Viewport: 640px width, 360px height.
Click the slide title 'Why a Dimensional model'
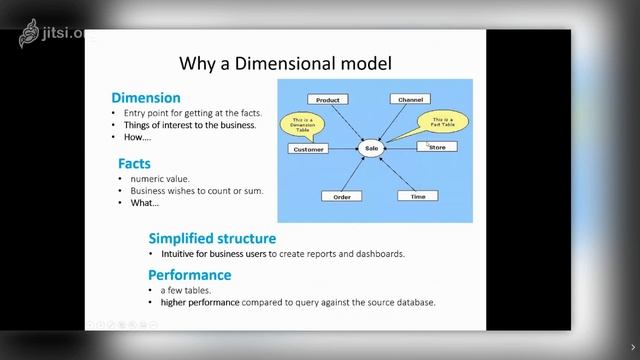pos(285,64)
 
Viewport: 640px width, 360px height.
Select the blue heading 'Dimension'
pos(145,98)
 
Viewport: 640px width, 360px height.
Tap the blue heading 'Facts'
pos(134,162)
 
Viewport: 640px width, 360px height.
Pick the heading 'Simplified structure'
pos(212,238)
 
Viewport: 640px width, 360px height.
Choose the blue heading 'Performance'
pos(190,275)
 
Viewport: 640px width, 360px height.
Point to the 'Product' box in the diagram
pos(328,100)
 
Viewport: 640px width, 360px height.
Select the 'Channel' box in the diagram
pos(410,100)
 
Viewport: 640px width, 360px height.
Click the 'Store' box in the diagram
pos(437,147)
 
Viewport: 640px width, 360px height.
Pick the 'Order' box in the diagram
pos(341,196)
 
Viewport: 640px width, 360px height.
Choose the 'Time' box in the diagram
pos(417,196)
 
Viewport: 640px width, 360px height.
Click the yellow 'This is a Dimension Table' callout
pos(302,123)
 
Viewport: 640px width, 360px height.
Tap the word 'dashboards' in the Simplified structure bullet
pos(377,254)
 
